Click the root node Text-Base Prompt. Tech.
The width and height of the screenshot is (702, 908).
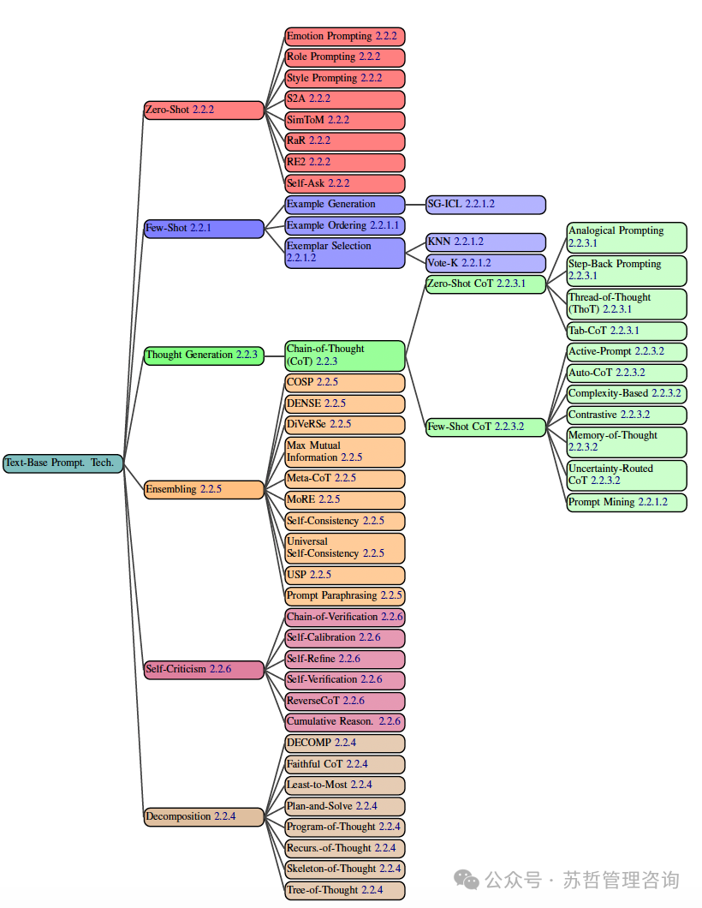(63, 463)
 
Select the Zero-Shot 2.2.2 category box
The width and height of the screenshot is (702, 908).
(204, 110)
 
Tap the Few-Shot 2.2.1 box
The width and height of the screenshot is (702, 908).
(204, 229)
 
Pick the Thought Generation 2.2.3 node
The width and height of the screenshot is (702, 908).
(204, 355)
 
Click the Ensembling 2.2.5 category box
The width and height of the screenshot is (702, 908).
(204, 490)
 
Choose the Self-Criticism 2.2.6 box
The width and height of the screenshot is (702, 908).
(204, 669)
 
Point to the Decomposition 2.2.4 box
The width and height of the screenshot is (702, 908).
(204, 817)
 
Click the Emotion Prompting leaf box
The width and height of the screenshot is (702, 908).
(345, 37)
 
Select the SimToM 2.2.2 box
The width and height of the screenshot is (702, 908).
(345, 121)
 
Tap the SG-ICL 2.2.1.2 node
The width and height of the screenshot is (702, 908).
(485, 205)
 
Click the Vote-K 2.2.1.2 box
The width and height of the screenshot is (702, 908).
(485, 264)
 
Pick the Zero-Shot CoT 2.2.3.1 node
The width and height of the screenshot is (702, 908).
(485, 284)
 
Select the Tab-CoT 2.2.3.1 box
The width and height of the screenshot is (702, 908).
(627, 332)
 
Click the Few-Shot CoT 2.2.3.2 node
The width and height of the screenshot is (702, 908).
(485, 427)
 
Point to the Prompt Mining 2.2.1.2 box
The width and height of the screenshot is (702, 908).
(627, 503)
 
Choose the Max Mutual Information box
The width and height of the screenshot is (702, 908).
(345, 452)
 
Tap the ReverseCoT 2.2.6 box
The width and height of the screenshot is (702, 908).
(345, 702)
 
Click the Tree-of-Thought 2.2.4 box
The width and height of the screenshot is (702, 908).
(345, 891)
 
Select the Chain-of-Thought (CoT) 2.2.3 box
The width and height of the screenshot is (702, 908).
(345, 355)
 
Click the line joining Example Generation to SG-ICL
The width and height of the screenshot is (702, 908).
(415, 205)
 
